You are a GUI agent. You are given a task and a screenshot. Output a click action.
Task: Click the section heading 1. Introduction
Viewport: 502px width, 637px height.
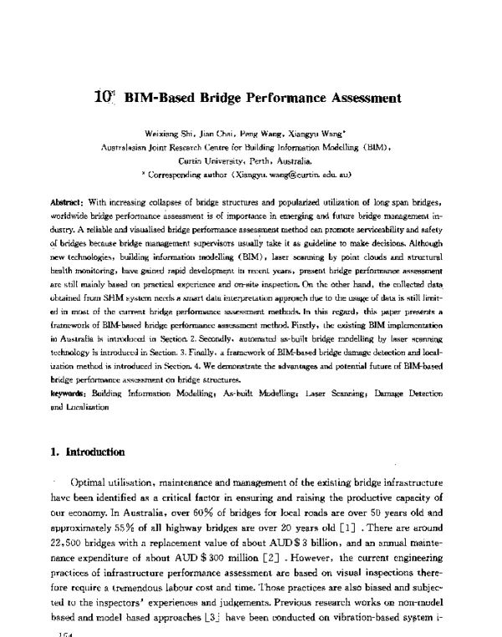tap(88, 452)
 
